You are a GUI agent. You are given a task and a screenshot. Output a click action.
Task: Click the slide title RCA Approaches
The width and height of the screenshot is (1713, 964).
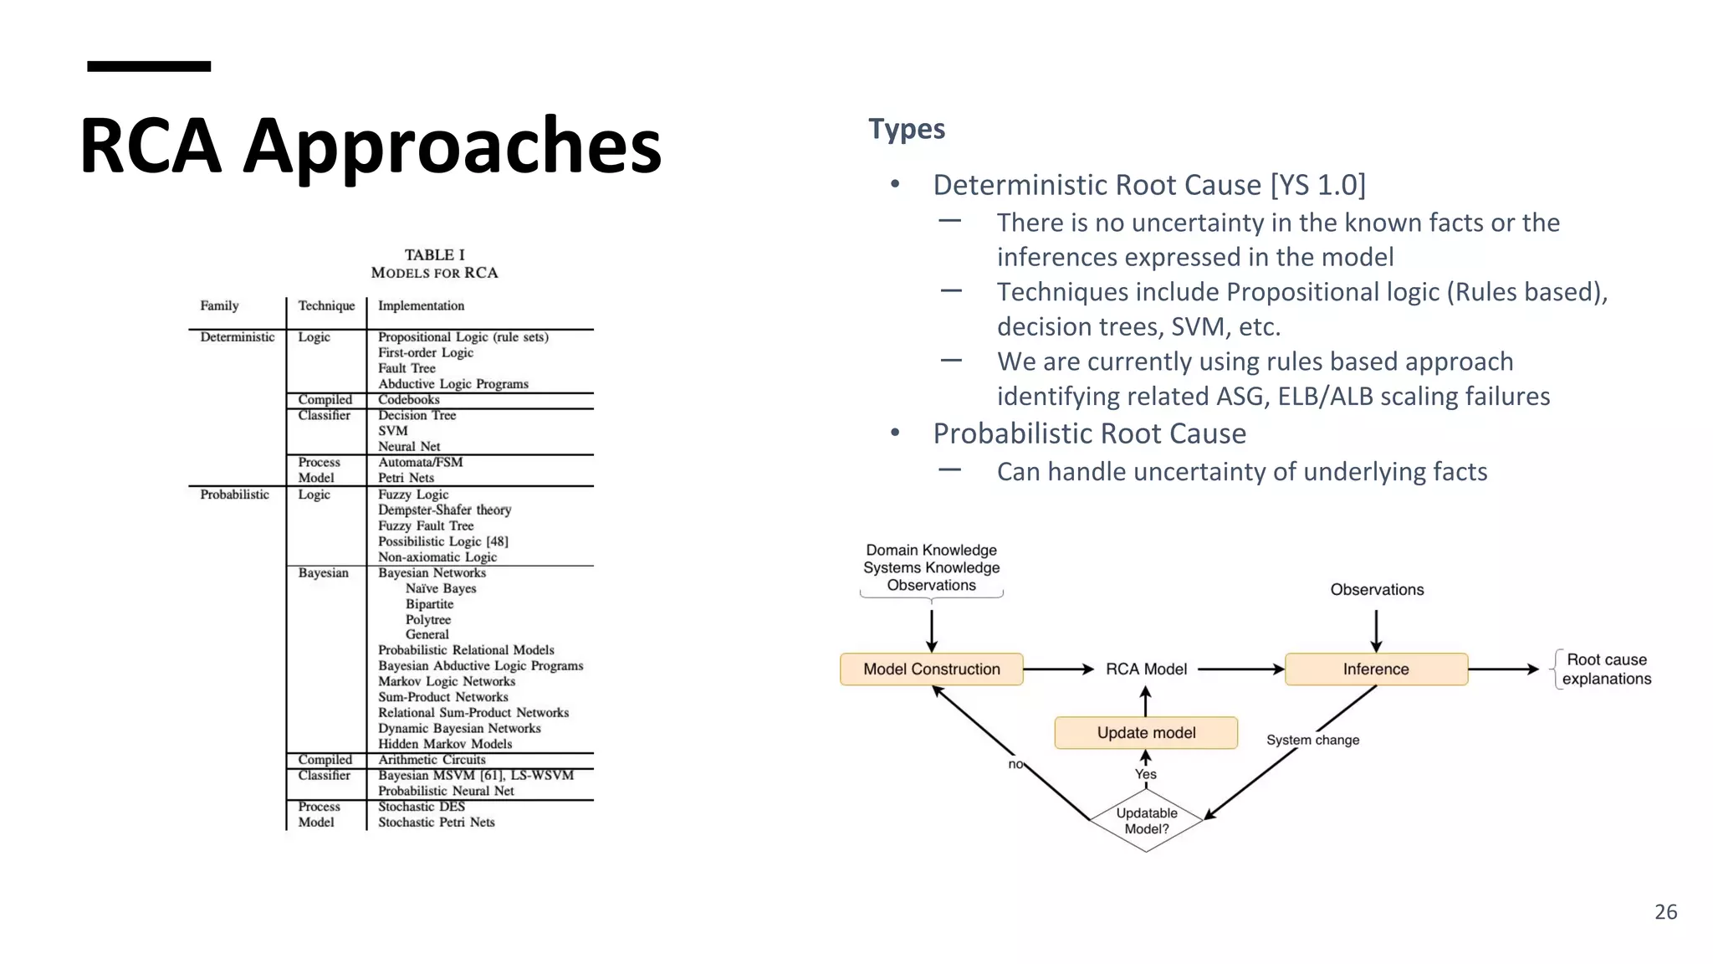pyautogui.click(x=371, y=146)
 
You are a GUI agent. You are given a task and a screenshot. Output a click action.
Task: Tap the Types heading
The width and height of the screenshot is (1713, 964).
pyautogui.click(x=907, y=129)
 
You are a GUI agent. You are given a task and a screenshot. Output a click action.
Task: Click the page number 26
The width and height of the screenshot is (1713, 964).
pyautogui.click(x=1665, y=912)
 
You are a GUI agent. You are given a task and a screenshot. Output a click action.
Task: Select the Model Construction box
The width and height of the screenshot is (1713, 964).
pyautogui.click(x=931, y=669)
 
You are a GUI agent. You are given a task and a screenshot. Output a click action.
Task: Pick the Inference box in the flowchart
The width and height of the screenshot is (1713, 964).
pyautogui.click(x=1376, y=669)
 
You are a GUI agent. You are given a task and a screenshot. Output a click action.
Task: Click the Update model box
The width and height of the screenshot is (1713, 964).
pyautogui.click(x=1146, y=733)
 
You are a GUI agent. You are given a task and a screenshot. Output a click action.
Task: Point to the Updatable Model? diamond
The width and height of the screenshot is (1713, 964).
pyautogui.click(x=1146, y=821)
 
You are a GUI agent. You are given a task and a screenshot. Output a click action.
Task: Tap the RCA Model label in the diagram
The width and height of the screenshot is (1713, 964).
pyautogui.click(x=1146, y=669)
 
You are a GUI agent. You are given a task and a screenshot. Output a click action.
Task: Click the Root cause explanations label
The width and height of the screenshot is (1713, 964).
pyautogui.click(x=1606, y=669)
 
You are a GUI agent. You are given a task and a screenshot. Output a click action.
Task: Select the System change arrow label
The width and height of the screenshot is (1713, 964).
pyautogui.click(x=1312, y=741)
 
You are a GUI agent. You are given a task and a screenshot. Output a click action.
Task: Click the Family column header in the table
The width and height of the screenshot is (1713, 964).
pyautogui.click(x=219, y=306)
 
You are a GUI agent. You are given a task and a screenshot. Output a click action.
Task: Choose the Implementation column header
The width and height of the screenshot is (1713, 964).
pyautogui.click(x=421, y=306)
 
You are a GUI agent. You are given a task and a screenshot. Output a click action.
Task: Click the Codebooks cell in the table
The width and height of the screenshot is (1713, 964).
pyautogui.click(x=408, y=400)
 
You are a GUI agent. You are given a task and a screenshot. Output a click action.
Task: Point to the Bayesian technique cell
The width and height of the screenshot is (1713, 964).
pyautogui.click(x=323, y=573)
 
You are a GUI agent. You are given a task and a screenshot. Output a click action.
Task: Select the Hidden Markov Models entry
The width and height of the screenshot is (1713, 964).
pyautogui.click(x=445, y=744)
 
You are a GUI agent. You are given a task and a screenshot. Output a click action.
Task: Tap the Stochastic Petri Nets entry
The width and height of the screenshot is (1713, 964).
pyautogui.click(x=436, y=823)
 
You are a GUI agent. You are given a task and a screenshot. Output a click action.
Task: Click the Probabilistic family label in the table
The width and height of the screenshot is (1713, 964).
pyautogui.click(x=234, y=495)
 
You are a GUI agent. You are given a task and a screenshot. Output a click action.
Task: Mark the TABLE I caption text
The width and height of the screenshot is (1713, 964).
pyautogui.click(x=434, y=255)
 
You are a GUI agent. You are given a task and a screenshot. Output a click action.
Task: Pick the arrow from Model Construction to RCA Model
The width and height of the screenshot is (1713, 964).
pyautogui.click(x=1058, y=669)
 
